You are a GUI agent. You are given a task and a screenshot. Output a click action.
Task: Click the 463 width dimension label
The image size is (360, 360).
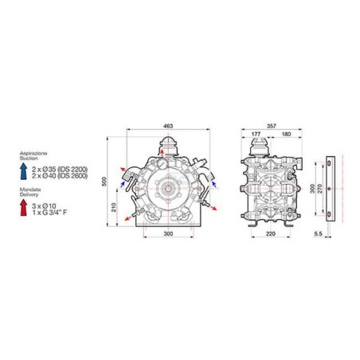click(x=168, y=126)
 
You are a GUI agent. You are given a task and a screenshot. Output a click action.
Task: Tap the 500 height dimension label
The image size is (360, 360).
click(x=104, y=182)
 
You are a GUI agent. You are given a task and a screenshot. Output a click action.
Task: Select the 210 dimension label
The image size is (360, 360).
click(x=114, y=207)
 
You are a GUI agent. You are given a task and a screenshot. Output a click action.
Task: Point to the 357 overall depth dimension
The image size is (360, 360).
click(x=272, y=126)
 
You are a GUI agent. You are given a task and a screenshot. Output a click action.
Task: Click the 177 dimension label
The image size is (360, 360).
click(x=256, y=134)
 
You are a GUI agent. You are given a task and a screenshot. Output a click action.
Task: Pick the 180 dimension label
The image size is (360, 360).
click(x=287, y=134)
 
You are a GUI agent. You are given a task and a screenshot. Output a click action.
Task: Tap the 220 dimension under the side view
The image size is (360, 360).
click(x=271, y=233)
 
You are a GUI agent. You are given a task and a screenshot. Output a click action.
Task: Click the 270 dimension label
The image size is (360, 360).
click(x=319, y=189)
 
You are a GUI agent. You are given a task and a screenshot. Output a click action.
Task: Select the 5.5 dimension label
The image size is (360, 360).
click(x=318, y=233)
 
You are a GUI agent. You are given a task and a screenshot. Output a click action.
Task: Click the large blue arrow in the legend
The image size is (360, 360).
click(x=24, y=171)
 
